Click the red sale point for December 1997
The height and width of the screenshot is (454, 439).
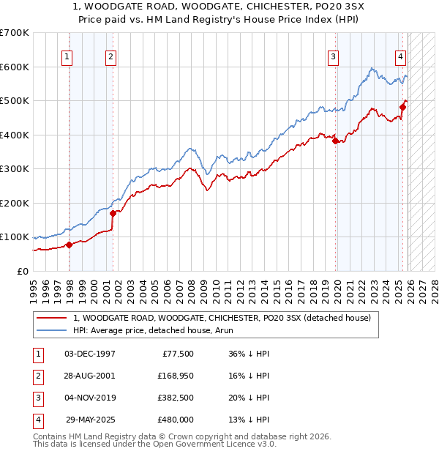(x=69, y=245)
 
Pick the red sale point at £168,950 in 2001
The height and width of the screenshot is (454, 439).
(x=113, y=214)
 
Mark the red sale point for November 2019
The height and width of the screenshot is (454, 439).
(x=336, y=141)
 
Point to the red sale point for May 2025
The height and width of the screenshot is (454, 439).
(x=402, y=108)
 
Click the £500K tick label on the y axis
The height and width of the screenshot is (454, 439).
(x=15, y=100)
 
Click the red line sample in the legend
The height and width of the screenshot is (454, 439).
(x=51, y=318)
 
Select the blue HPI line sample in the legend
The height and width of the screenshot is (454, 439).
(x=51, y=330)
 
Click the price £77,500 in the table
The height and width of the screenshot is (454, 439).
(x=176, y=354)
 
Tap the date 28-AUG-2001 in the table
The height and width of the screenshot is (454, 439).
(x=90, y=376)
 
